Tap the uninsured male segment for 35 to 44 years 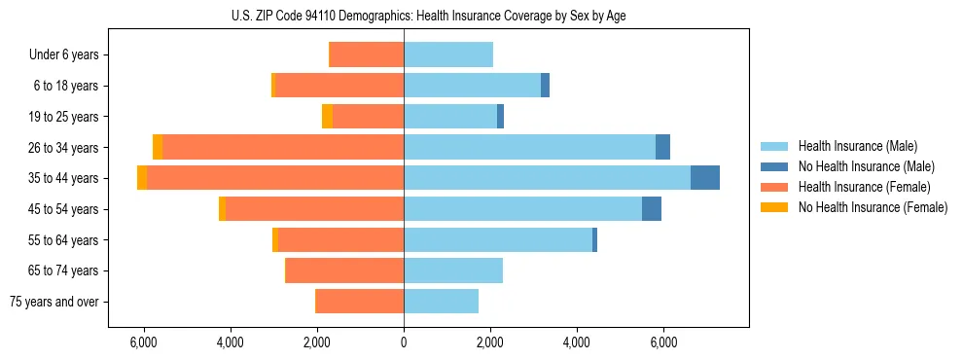point(705,178)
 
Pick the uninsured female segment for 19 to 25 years point(327,117)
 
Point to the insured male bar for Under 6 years point(448,54)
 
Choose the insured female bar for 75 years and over point(360,302)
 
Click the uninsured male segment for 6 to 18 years point(546,86)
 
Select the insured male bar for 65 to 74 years point(453,270)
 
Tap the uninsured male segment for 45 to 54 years point(652,209)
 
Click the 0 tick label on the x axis point(404,342)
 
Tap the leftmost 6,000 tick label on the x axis point(143,342)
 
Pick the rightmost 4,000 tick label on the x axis point(577,342)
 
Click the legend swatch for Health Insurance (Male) point(774,146)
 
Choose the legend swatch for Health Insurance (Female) point(774,187)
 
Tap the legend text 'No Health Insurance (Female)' point(873,207)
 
